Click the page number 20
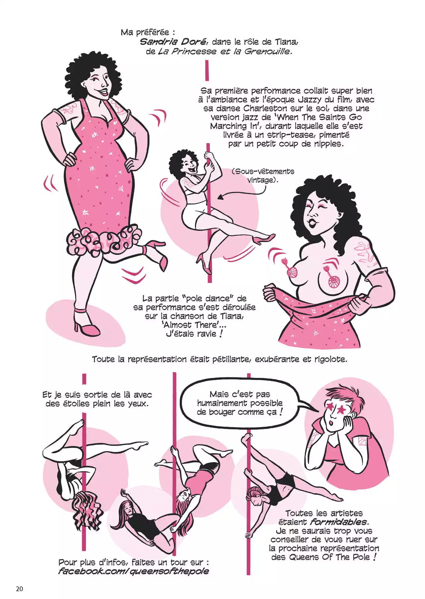click(19, 588)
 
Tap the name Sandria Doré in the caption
click(174, 42)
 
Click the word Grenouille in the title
click(268, 51)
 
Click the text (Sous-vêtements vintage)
click(263, 176)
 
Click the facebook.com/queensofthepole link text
click(134, 571)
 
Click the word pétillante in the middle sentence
click(232, 359)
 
